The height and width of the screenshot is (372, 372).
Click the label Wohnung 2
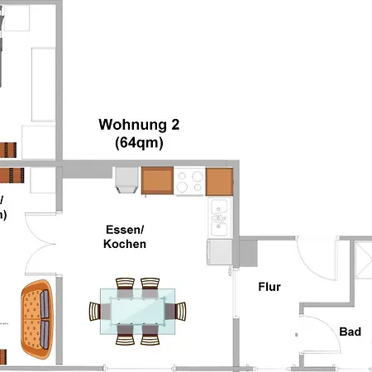[x=139, y=125]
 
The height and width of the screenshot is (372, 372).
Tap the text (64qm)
[x=139, y=142]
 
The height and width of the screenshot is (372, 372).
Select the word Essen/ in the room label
[x=125, y=229]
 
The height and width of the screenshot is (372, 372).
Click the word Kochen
[x=125, y=244]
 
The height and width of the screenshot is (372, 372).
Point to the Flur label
[x=269, y=288]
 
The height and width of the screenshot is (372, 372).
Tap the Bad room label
[x=351, y=331]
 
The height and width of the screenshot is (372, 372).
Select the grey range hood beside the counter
[x=126, y=179]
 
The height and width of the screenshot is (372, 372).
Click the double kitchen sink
[x=219, y=217]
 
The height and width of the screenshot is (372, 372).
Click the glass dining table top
[x=137, y=312]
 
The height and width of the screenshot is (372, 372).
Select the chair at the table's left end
[x=95, y=312]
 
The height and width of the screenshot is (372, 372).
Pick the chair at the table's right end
[x=180, y=312]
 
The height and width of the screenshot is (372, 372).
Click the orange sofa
[x=36, y=318]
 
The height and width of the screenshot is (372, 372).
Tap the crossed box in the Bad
[x=363, y=265]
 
